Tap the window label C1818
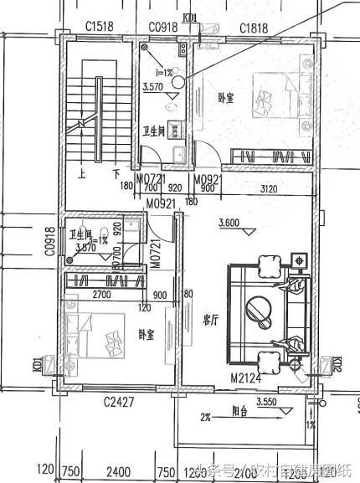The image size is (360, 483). pyautogui.click(x=254, y=28)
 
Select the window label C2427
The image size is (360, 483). pyautogui.click(x=120, y=403)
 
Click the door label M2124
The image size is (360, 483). pyautogui.click(x=247, y=379)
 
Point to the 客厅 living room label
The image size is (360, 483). pyautogui.click(x=211, y=319)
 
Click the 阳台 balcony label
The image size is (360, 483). pyautogui.click(x=242, y=412)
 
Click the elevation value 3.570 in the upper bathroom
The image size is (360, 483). pyautogui.click(x=153, y=86)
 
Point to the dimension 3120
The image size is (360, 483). pyautogui.click(x=270, y=188)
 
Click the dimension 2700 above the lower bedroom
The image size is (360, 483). pyautogui.click(x=100, y=295)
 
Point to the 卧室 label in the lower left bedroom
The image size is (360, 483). pyautogui.click(x=146, y=335)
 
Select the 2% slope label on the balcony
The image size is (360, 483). pyautogui.click(x=205, y=416)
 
